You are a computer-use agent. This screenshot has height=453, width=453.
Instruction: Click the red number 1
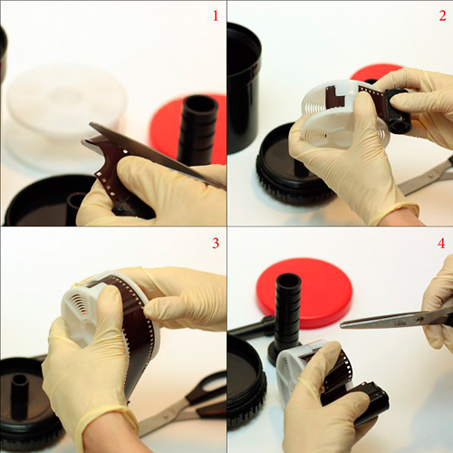point(216,15)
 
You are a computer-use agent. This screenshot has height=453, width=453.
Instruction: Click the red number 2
point(442,15)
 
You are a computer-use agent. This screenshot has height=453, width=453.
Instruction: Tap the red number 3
point(216,243)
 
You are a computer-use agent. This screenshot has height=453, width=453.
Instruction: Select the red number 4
point(441,243)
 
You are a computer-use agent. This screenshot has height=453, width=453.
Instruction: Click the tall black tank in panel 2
point(243,88)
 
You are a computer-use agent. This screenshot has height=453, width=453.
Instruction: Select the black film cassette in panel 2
point(399,111)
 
